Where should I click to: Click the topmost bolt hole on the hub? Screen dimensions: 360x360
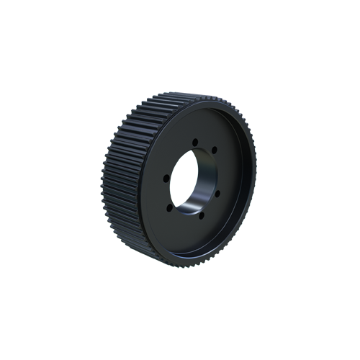[x=194, y=142]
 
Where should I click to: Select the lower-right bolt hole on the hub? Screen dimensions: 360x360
[x=217, y=193]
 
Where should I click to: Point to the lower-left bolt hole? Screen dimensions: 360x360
[x=169, y=207]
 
